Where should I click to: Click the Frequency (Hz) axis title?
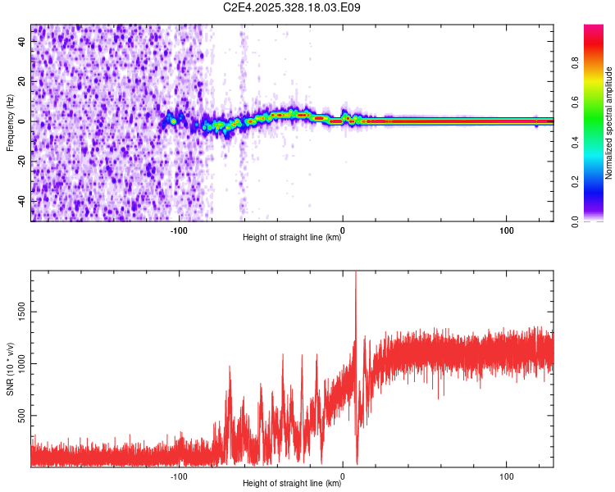tap(11, 122)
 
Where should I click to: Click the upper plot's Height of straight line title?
tap(292, 239)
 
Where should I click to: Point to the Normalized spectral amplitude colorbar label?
tap(609, 123)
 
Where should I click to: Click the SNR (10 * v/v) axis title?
tap(11, 369)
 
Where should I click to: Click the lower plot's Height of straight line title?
tap(292, 484)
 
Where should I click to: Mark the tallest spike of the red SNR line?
tap(356, 275)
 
